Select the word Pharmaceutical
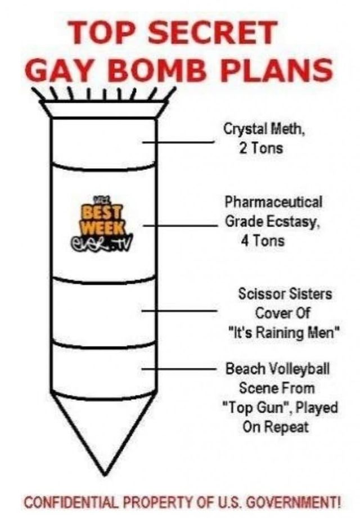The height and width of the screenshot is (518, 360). click(274, 201)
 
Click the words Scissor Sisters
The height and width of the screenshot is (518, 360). click(286, 293)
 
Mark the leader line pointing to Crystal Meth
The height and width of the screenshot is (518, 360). click(179, 142)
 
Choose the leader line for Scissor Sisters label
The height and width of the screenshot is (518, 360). click(179, 310)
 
